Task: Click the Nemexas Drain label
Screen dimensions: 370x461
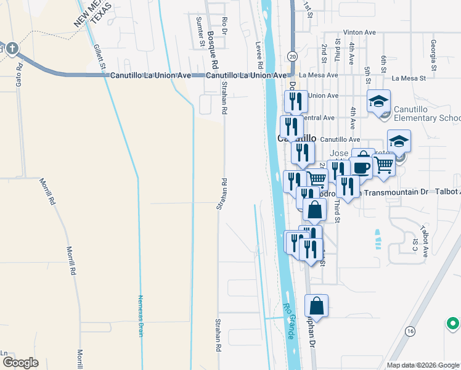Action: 140,314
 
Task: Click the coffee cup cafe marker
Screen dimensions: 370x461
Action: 362,167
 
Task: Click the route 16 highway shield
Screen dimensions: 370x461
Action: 409,331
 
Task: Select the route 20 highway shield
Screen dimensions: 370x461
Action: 292,56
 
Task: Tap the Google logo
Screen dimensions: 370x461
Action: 20,363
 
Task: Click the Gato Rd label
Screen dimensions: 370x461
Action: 19,73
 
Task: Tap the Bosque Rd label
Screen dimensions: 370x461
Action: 213,49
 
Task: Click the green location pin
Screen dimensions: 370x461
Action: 453,323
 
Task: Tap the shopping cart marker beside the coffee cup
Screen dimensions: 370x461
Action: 383,165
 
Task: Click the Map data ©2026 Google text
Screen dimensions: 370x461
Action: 423,365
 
